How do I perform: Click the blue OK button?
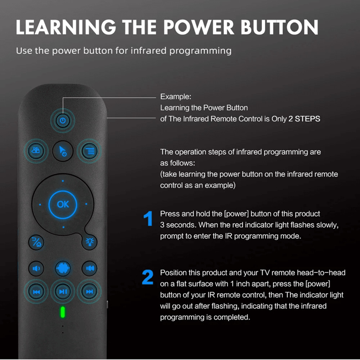tap(63, 204)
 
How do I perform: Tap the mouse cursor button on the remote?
tap(63, 151)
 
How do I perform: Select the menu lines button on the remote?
tap(89, 151)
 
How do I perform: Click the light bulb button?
tap(89, 242)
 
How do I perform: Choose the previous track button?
tap(37, 291)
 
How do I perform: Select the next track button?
tap(89, 291)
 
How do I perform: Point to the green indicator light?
tap(63, 312)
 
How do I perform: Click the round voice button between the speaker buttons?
tap(63, 268)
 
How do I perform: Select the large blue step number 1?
tap(148, 219)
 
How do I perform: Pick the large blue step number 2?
tap(148, 277)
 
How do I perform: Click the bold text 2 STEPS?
tap(304, 119)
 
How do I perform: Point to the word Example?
tap(176, 96)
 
